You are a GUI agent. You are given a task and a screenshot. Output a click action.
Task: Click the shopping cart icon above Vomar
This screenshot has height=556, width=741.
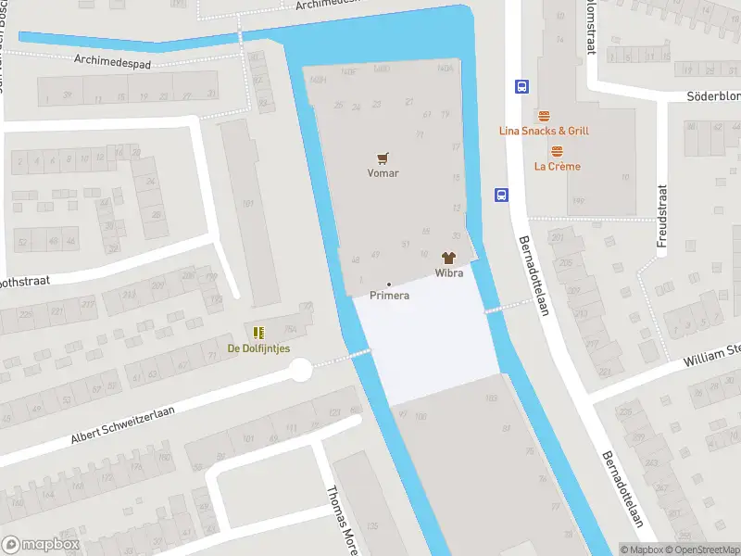point(383,158)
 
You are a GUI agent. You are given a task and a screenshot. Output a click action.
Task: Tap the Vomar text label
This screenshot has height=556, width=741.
point(383,173)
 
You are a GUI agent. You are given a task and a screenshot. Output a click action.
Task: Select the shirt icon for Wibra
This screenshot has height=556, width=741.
point(449,259)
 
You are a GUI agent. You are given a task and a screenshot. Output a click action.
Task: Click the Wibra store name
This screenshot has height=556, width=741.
point(449,273)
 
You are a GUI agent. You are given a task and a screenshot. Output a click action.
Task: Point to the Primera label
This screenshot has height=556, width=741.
point(389,296)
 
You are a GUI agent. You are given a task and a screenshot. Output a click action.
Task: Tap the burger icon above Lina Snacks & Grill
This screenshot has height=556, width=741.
point(544,116)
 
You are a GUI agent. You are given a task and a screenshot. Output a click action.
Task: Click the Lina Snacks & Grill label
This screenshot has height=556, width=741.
point(544,132)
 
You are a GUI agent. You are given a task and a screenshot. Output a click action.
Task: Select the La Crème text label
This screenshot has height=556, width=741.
point(558,167)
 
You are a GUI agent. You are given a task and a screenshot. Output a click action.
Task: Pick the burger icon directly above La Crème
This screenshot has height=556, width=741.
point(558,151)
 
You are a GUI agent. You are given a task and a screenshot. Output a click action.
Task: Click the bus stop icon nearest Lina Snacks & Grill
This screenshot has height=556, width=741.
point(521,86)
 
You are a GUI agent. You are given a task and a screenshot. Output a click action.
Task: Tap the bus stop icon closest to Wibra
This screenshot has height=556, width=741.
point(501,195)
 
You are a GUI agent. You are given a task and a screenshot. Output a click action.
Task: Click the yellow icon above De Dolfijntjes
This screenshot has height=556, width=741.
point(258,333)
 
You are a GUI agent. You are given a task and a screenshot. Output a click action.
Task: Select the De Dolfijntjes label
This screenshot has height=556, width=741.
point(258,348)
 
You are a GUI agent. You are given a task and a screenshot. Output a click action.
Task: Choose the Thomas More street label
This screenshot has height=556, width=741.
point(342,521)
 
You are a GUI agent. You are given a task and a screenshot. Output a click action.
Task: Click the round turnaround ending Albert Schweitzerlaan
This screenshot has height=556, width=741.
point(301,371)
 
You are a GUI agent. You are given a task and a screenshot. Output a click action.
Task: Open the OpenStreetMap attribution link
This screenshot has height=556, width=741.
point(708,550)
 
